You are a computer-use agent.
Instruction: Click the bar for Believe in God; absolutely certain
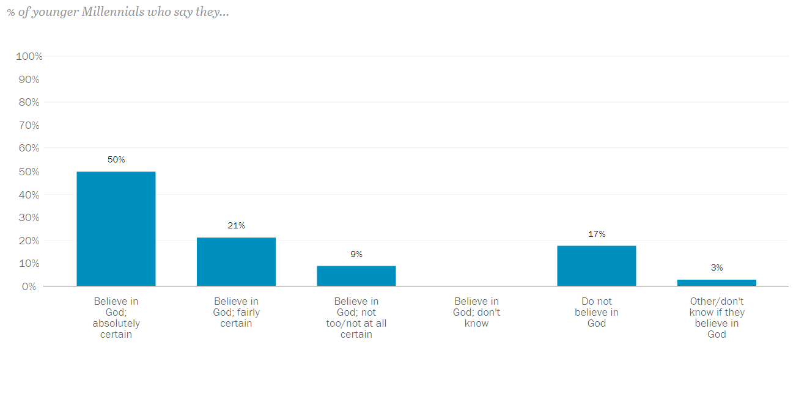click(x=116, y=229)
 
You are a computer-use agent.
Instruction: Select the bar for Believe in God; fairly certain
click(x=236, y=262)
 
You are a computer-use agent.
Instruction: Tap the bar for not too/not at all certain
click(x=356, y=276)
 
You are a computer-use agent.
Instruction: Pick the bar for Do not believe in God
click(x=597, y=266)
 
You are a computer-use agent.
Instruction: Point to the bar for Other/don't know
click(x=717, y=283)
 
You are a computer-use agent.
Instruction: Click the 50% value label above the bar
click(x=116, y=160)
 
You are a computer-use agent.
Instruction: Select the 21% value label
click(x=236, y=226)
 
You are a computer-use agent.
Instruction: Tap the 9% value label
click(x=356, y=254)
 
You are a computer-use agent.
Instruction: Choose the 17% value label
click(x=597, y=235)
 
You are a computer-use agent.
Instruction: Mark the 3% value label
click(x=717, y=267)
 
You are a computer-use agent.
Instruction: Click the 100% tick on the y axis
click(x=29, y=57)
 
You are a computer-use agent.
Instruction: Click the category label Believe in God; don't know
click(x=476, y=312)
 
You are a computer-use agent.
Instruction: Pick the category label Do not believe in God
click(x=597, y=312)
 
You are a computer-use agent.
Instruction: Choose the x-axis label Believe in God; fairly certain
click(x=236, y=312)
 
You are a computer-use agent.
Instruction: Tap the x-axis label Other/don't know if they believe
click(x=717, y=318)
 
